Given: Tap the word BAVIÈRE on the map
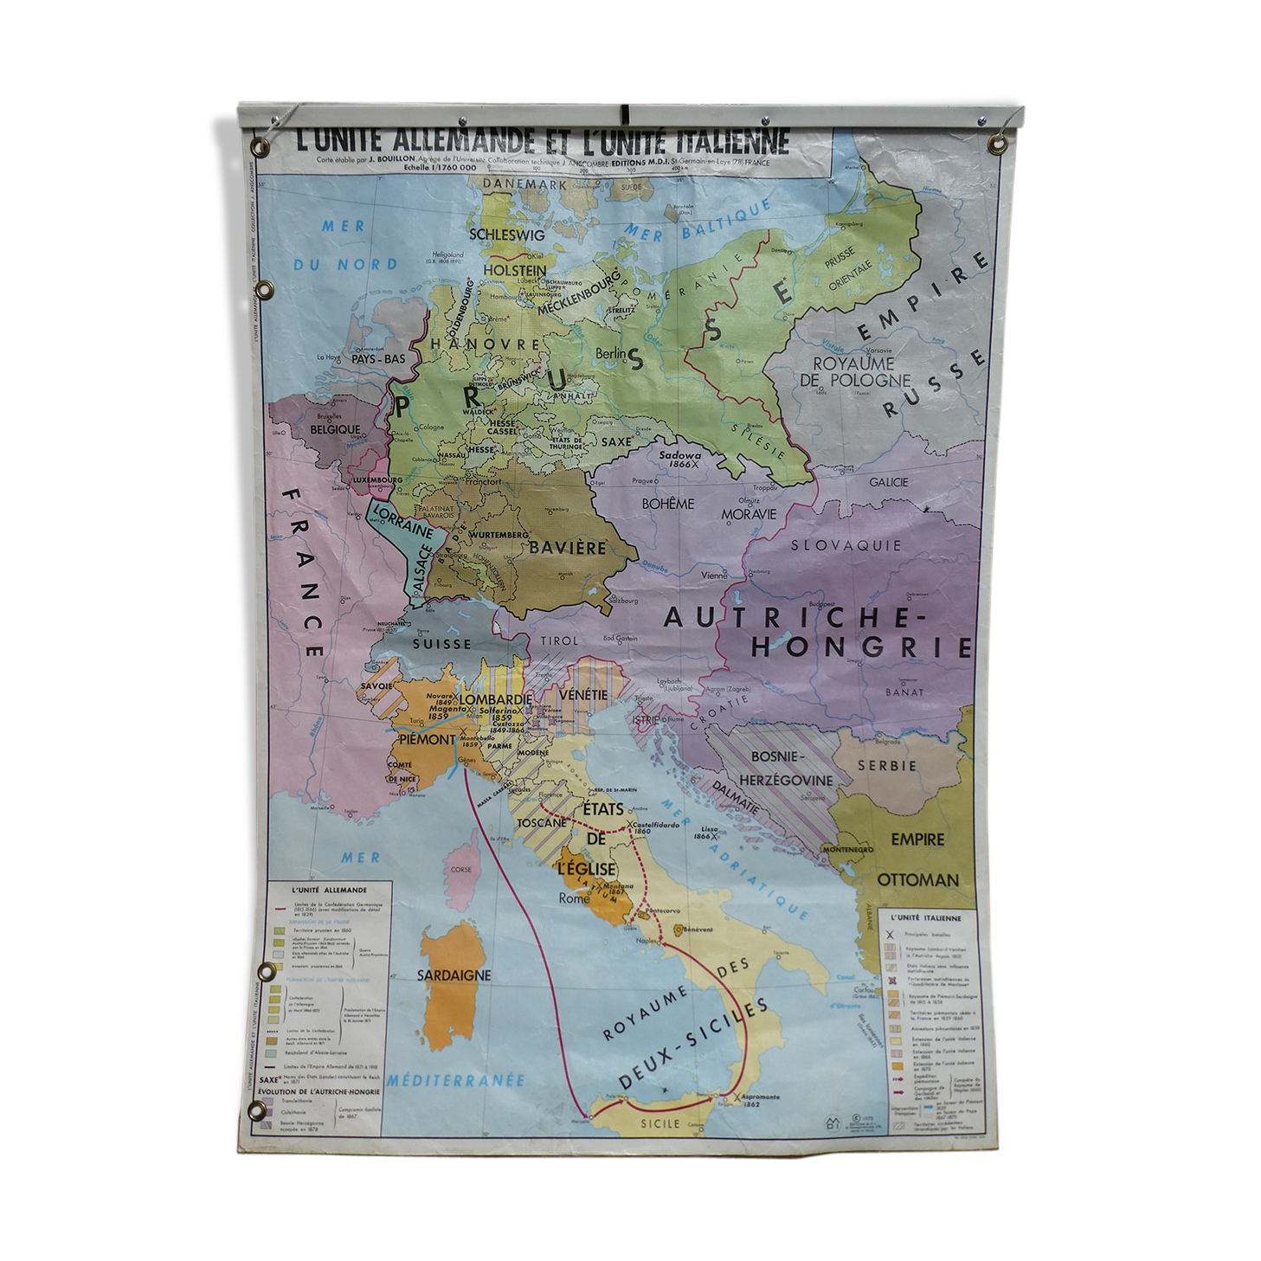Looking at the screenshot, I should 568,548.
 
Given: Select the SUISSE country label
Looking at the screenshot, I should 441,644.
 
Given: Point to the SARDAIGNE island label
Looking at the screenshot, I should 454,975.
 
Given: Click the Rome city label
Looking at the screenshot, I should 574,898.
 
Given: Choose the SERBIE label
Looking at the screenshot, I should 886,765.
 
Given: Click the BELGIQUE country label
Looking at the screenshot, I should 335,428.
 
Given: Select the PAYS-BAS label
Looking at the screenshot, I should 378,358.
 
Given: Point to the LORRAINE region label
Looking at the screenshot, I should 402,521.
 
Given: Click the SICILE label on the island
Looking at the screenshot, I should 660,1123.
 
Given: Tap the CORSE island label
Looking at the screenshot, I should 461,869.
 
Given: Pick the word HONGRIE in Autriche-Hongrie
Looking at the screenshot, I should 861,647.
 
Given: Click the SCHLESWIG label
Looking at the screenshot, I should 506,234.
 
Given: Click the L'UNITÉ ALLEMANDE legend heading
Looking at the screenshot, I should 329,889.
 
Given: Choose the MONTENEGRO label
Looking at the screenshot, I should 848,849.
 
